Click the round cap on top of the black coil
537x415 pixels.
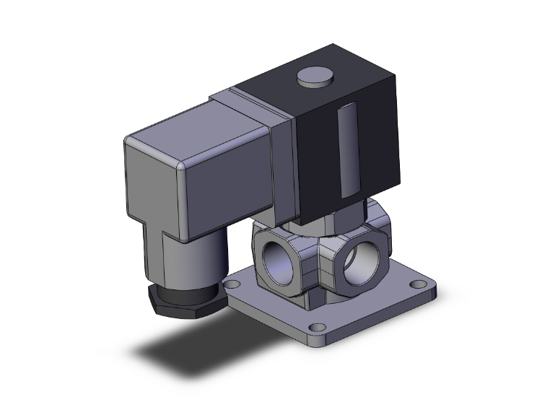tap(311, 76)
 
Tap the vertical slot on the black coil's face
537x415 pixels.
tap(346, 149)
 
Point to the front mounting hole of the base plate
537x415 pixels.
tap(314, 329)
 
